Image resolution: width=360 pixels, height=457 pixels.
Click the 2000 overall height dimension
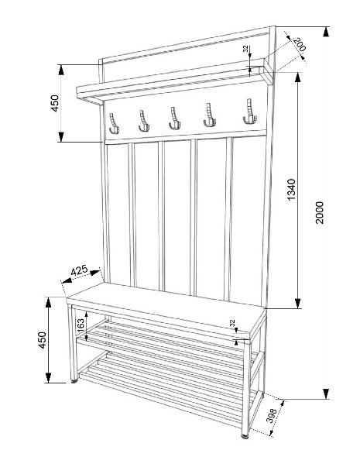coord(320,212)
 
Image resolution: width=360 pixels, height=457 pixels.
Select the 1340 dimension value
coord(291,190)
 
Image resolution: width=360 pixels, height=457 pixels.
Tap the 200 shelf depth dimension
coord(299,44)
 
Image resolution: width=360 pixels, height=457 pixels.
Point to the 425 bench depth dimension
coord(79,270)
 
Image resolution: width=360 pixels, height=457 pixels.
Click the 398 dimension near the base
coord(272,415)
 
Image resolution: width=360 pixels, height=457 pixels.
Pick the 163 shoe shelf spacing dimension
coord(81,325)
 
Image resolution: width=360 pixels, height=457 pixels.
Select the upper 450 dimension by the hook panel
coord(55,103)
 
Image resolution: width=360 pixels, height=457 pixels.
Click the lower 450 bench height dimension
coord(43,340)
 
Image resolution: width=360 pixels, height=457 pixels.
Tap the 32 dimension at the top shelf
coord(245,48)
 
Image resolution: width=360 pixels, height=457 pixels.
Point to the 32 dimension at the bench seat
coord(232,323)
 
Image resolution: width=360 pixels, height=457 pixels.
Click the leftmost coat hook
coord(114,123)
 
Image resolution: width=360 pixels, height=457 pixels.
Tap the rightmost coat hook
coord(250,112)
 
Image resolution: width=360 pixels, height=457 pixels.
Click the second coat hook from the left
coord(143,121)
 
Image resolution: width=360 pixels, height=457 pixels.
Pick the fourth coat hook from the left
coord(210,115)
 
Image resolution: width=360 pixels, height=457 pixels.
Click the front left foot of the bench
coord(74,380)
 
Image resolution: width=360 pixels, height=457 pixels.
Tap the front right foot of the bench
coord(245,436)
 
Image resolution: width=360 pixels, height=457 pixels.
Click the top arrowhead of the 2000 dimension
coord(326,32)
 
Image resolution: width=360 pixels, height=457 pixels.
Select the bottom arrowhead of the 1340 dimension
coord(297,304)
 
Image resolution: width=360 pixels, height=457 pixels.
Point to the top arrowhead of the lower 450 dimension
coord(48,303)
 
